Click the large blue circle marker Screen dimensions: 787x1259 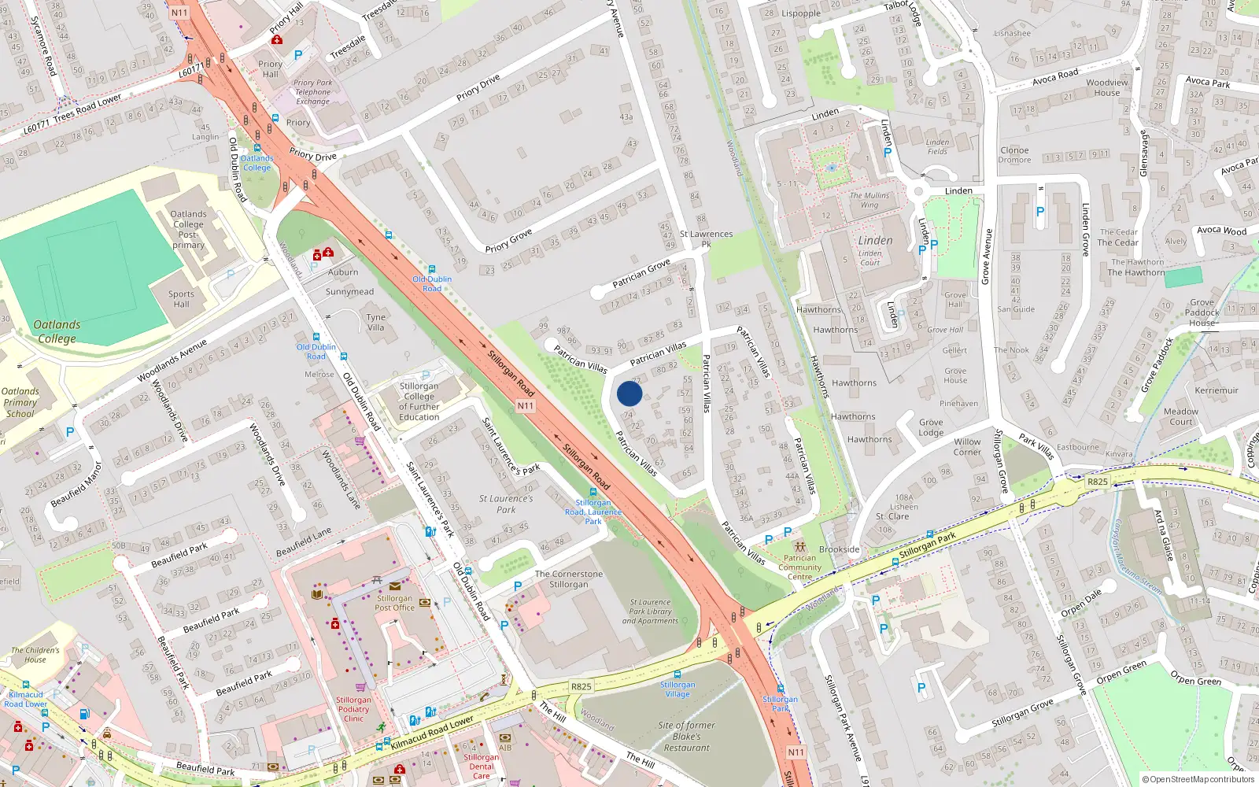point(629,393)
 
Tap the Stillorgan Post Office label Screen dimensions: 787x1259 point(394,603)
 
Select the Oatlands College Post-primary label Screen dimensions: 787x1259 point(189,229)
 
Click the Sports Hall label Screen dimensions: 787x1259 point(181,299)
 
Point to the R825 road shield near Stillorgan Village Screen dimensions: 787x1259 point(581,686)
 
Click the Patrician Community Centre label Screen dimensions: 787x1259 point(799,567)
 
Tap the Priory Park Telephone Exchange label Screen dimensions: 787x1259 point(313,92)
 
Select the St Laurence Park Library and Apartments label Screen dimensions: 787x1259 point(650,611)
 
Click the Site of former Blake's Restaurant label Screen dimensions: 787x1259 point(687,737)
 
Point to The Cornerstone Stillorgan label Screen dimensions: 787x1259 point(569,579)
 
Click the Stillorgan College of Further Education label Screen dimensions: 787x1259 point(419,401)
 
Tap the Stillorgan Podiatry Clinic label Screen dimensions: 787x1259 point(353,709)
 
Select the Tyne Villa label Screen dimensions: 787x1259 point(376,322)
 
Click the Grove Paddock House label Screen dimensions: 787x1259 point(1202,312)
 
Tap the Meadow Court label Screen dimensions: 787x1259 point(1181,416)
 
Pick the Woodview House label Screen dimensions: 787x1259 point(1107,87)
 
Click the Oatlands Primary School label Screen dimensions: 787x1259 point(20,402)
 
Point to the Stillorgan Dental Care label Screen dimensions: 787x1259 point(481,767)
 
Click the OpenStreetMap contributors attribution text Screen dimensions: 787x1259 point(1198,779)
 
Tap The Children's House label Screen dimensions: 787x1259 point(35,655)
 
